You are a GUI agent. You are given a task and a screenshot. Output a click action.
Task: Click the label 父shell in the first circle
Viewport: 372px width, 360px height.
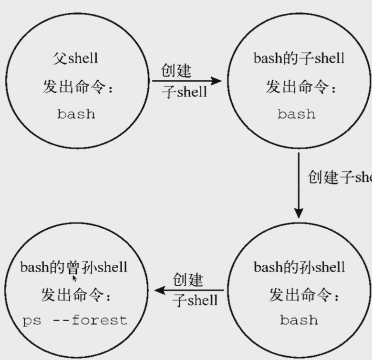coord(76,58)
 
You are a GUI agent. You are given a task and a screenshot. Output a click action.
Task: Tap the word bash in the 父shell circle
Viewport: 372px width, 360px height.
coord(76,114)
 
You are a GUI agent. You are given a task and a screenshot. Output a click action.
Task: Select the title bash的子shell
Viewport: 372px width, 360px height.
coord(299,58)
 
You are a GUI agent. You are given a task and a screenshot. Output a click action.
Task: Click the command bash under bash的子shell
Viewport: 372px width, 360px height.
coord(297,114)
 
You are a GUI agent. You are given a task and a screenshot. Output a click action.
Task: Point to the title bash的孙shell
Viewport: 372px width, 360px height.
coord(299,267)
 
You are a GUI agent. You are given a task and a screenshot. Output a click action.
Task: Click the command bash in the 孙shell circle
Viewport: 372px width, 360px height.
coord(299,320)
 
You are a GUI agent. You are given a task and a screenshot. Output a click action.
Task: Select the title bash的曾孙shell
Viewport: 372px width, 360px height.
coord(74,267)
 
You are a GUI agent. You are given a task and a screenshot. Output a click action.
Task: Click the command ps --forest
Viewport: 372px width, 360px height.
coord(75,320)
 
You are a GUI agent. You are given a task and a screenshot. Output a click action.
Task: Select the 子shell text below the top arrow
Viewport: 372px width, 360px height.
coord(184,91)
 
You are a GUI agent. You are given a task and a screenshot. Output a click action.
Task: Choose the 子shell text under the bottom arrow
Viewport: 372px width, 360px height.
coord(195,300)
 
